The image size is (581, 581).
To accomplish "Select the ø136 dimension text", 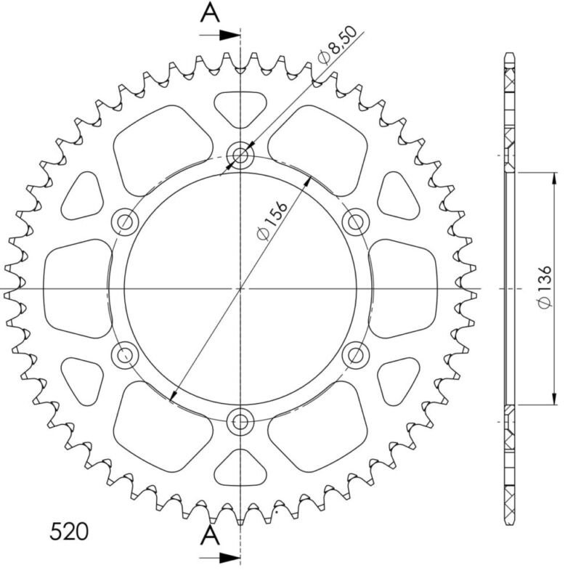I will coord(545,288).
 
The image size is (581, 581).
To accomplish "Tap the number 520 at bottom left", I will coord(70,532).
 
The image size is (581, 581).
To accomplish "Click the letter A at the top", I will coord(210,12).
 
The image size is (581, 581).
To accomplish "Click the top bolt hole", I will coord(240,155).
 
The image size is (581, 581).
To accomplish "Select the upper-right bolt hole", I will coord(355,221).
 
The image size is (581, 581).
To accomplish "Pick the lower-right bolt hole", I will coord(355,355).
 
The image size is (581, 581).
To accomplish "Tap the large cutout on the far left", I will coord(77,288).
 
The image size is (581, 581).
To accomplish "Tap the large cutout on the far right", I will coord(403,288).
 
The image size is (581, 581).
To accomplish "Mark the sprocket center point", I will coord(240,289).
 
